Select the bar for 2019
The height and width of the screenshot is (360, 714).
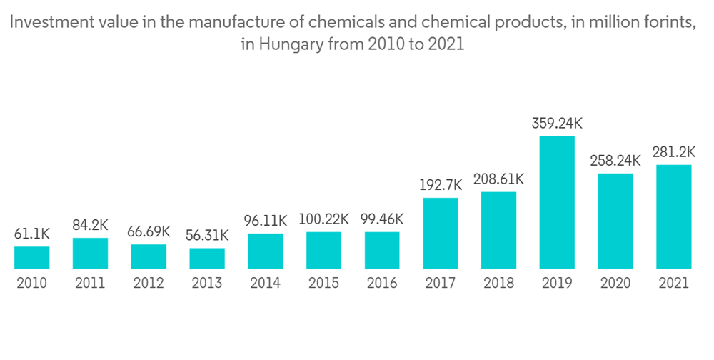click(x=557, y=202)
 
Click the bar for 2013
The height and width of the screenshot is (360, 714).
click(x=207, y=259)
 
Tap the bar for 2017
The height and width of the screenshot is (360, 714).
click(x=441, y=233)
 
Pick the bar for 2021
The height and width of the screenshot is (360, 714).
click(x=674, y=216)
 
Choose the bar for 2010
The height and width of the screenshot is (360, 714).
click(x=32, y=257)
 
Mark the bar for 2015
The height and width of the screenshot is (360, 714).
click(x=323, y=250)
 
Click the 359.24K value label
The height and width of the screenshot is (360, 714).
click(x=557, y=123)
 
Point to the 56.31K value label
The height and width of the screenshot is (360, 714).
click(x=207, y=235)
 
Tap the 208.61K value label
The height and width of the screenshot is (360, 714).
click(x=498, y=179)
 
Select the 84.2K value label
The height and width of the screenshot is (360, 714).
click(x=91, y=225)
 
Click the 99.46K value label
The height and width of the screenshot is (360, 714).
click(x=382, y=219)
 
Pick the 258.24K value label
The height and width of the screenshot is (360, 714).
click(x=615, y=161)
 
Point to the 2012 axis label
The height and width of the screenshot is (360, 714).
click(x=149, y=283)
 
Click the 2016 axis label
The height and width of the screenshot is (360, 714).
click(x=382, y=283)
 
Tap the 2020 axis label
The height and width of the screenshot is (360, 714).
click(x=615, y=283)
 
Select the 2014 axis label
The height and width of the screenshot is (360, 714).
click(x=266, y=283)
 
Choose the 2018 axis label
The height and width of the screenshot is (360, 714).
click(x=498, y=283)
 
